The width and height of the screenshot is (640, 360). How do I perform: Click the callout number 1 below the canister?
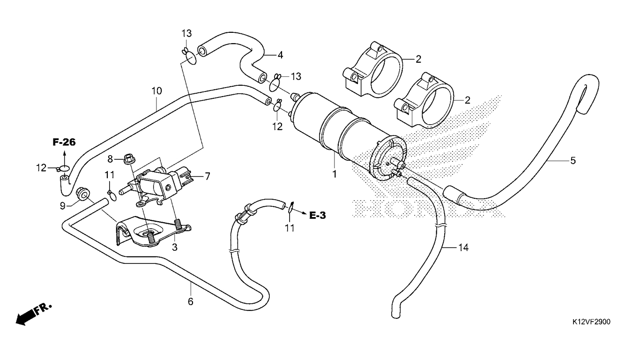tap(335, 174)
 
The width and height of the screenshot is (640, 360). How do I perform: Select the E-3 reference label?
tap(317, 215)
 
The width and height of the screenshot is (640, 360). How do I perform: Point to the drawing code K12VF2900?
tap(591, 322)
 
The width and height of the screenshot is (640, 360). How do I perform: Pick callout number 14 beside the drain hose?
tap(463, 248)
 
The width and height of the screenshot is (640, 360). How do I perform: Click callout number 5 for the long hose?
tap(573, 161)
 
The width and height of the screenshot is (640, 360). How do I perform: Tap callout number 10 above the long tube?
tap(156, 90)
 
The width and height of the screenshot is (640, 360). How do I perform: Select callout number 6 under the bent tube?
tap(190, 301)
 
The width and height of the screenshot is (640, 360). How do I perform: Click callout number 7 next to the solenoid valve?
tap(207, 176)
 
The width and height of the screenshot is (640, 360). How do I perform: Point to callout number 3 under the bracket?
tap(174, 247)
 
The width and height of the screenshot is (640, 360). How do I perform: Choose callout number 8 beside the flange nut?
tap(110, 158)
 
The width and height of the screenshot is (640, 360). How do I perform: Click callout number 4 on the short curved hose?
tap(280, 55)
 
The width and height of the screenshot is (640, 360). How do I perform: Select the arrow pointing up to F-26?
tap(65, 154)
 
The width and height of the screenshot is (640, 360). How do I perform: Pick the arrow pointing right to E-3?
tap(302, 215)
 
